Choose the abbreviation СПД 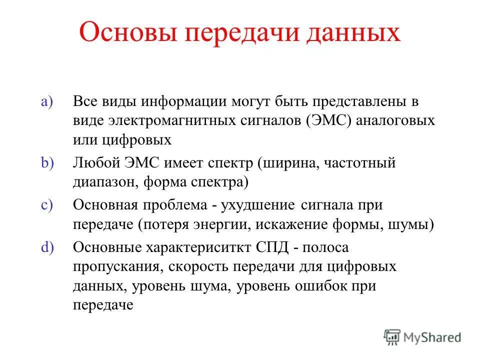coord(272,247)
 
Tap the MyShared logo coord(422,337)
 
